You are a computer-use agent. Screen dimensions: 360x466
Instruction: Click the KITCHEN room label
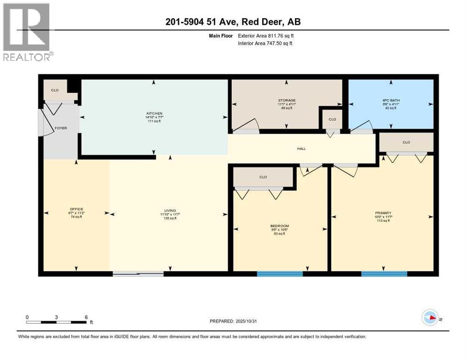click(x=154, y=113)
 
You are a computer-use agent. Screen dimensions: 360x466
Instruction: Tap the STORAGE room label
click(x=286, y=100)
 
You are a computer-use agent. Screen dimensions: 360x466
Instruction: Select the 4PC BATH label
click(x=391, y=100)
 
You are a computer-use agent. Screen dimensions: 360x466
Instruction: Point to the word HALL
click(x=301, y=149)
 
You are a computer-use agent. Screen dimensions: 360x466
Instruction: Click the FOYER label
click(x=61, y=127)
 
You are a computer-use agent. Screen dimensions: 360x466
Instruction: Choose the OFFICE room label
click(x=76, y=209)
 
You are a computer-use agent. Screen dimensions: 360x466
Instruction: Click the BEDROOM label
click(x=280, y=226)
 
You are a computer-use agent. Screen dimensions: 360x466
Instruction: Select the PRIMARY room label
click(x=383, y=213)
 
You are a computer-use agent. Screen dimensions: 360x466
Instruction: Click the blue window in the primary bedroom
click(x=384, y=274)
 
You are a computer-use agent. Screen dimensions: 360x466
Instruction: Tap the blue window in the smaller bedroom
click(x=280, y=274)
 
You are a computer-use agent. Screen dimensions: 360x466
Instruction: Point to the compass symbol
click(x=430, y=318)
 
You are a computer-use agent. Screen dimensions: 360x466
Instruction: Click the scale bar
click(x=56, y=322)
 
